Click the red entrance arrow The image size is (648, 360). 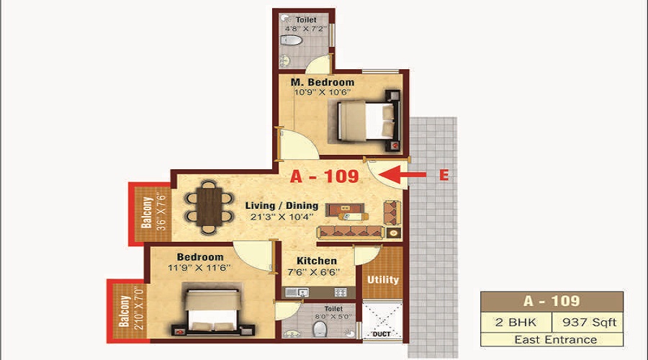tap(401, 174)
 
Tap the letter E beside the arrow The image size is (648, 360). tap(444, 174)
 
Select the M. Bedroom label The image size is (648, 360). tap(323, 83)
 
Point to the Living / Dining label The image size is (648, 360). tap(281, 206)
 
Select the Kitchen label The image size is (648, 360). tap(317, 261)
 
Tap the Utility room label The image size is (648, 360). tap(383, 279)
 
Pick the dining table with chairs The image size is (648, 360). tap(207, 206)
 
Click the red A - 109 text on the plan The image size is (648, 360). tap(323, 176)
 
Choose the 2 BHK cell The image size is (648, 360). tap(516, 322)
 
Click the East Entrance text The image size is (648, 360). tap(551, 339)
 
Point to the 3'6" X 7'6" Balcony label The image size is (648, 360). tap(153, 213)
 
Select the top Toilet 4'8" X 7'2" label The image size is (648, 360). tap(306, 25)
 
